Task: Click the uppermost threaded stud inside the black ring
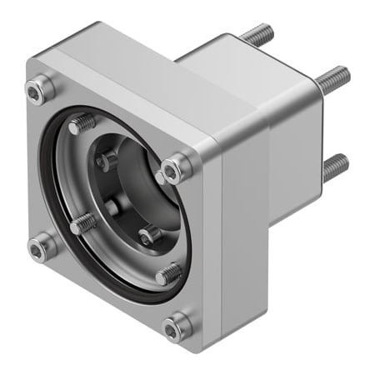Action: [82, 125]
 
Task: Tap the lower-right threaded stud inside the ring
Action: [168, 272]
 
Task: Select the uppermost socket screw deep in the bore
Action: [107, 161]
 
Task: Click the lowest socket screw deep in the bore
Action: [148, 236]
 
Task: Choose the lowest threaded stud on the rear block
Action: [335, 167]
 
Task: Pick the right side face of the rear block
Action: [296, 150]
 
